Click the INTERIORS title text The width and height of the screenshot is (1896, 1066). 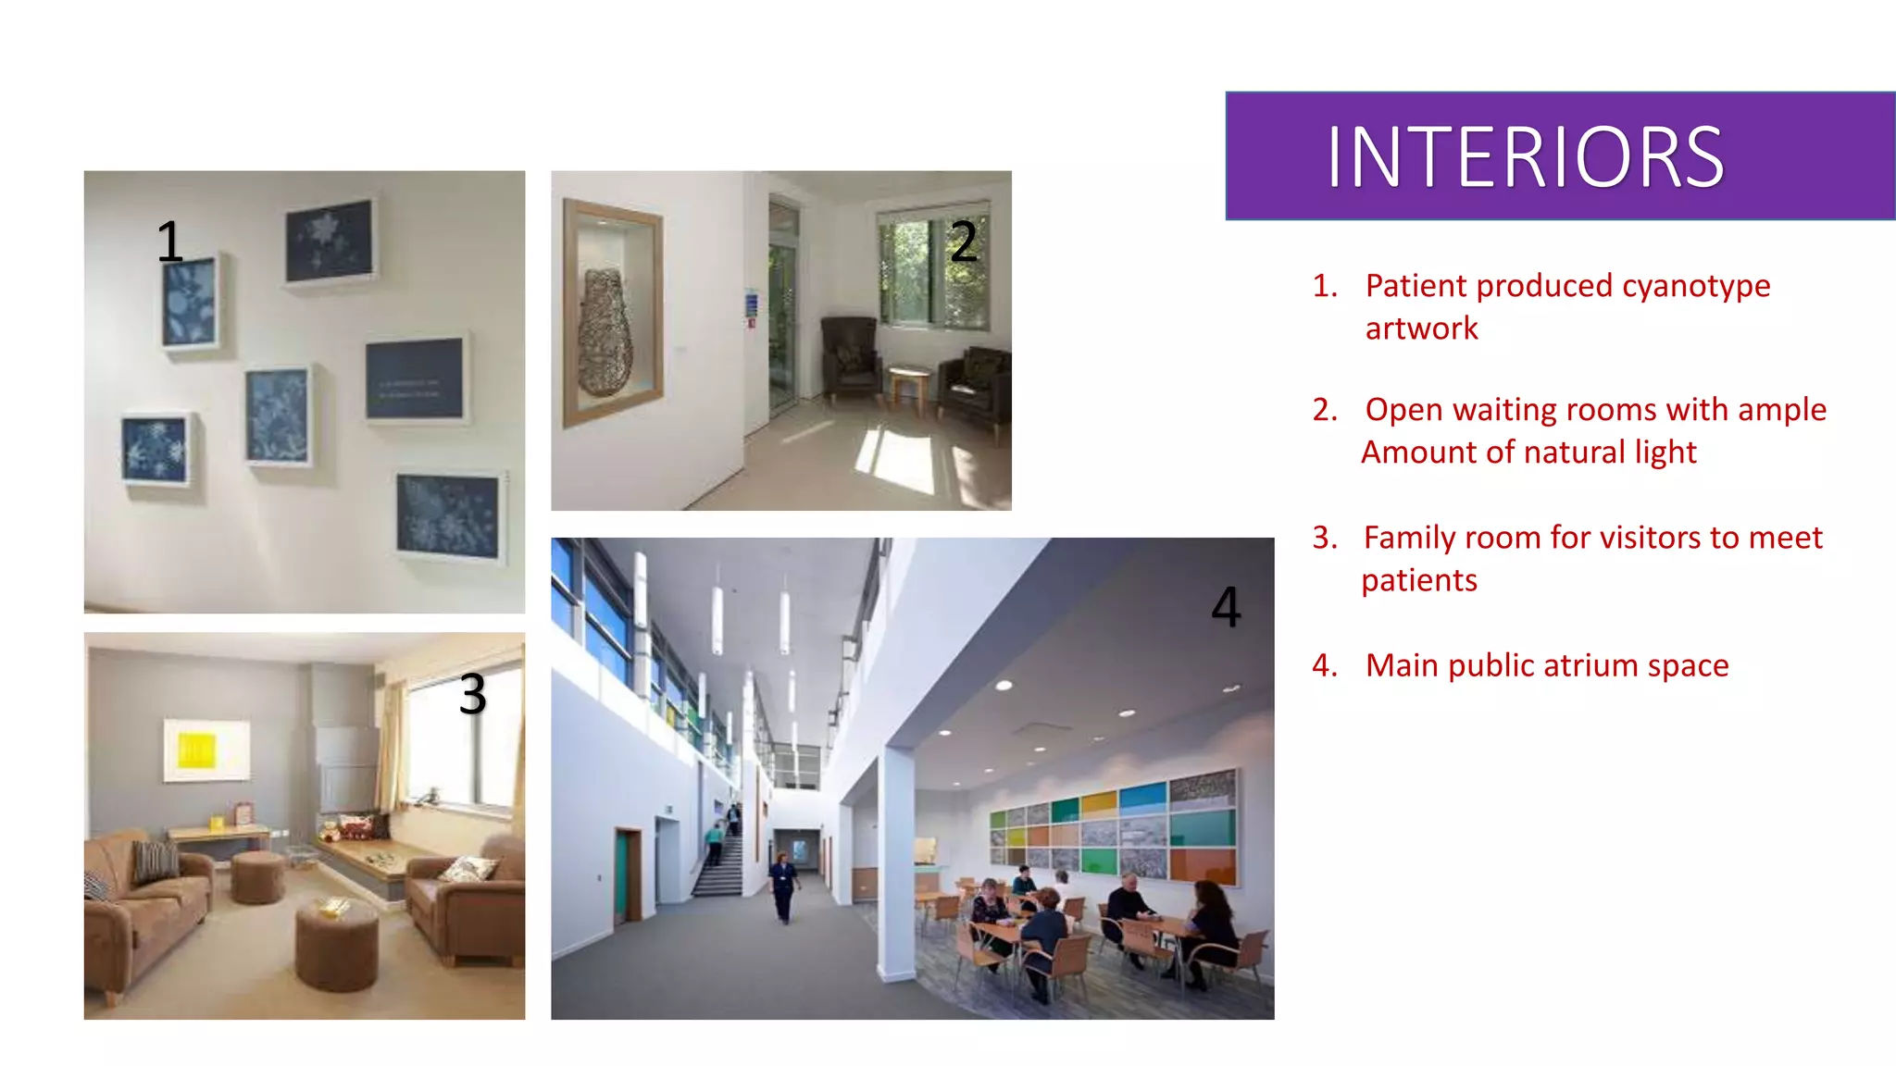[1525, 157]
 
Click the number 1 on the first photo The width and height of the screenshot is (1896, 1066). [168, 242]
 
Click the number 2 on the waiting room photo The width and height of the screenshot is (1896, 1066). [964, 242]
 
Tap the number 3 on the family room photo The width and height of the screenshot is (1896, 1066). [472, 694]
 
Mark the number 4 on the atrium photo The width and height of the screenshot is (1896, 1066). [1226, 607]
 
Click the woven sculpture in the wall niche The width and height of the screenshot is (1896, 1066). [605, 333]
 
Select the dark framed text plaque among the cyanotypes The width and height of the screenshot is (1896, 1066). [414, 378]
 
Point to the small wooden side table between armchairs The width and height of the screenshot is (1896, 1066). [908, 384]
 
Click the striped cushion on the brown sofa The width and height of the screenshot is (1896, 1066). [156, 861]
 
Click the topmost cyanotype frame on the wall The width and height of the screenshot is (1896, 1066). [330, 240]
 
